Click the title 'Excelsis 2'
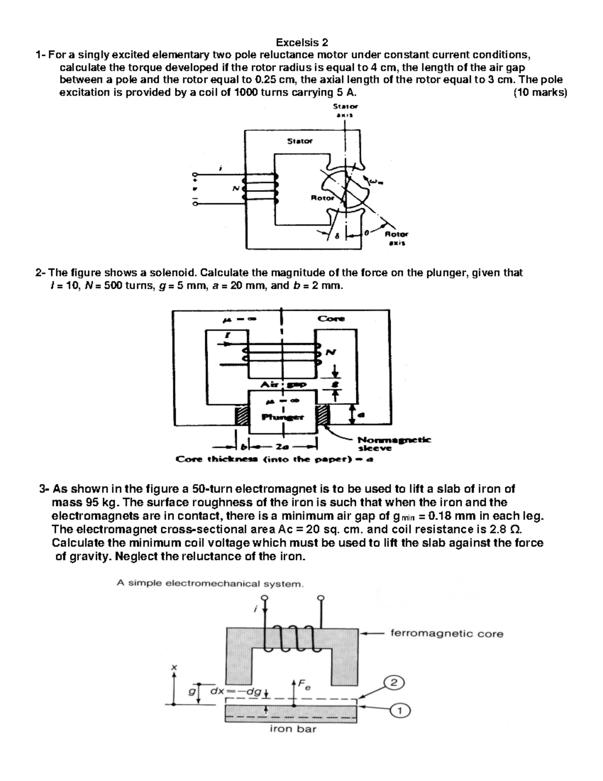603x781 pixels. [301, 42]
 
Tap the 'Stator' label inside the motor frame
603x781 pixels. [299, 141]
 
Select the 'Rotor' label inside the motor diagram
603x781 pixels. [322, 198]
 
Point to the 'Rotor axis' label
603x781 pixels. [396, 238]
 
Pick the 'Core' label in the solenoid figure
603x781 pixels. [331, 318]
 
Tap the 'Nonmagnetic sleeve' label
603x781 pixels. [393, 443]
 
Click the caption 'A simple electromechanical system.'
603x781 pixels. [210, 584]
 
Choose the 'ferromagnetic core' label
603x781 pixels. [447, 634]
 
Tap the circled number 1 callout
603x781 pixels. [400, 711]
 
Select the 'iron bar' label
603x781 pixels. [293, 729]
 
